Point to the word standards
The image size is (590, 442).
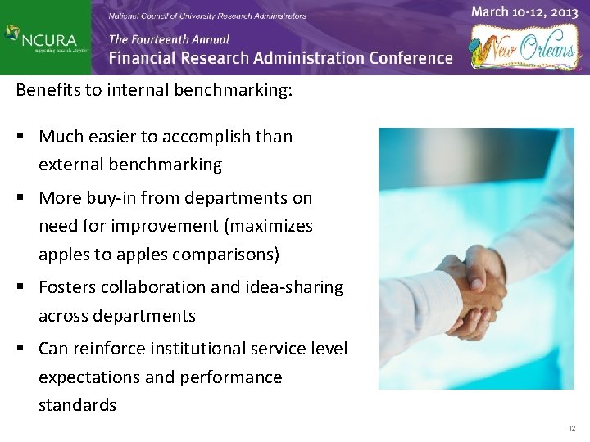77,405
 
